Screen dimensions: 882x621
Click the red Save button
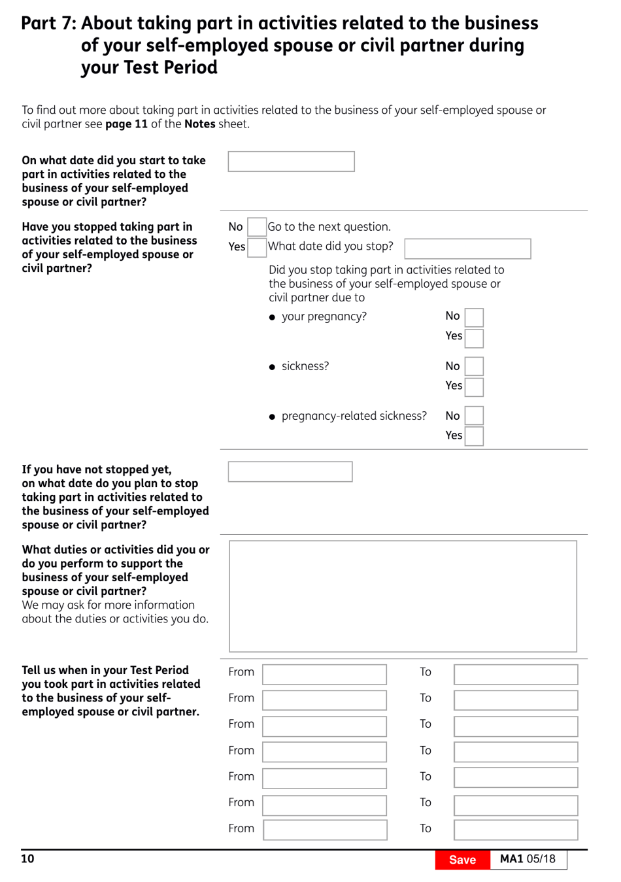(462, 860)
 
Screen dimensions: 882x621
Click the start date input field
(291, 161)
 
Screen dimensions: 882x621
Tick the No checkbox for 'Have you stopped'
(257, 227)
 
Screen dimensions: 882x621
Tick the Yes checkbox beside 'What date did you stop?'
(257, 247)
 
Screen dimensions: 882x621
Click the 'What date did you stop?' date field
(467, 248)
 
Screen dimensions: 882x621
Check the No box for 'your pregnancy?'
(474, 317)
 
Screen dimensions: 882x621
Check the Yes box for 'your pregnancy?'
(474, 338)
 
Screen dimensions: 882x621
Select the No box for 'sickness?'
(474, 366)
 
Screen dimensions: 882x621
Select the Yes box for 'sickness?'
(474, 387)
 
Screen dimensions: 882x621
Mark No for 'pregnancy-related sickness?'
(474, 416)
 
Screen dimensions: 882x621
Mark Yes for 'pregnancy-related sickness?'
(474, 436)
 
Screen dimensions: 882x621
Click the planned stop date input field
(290, 471)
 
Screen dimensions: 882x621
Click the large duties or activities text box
(403, 596)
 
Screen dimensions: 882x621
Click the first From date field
(324, 674)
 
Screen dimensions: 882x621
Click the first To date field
(516, 674)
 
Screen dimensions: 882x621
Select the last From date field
(324, 830)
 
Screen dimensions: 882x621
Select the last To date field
(516, 830)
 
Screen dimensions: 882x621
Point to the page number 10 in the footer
(27, 858)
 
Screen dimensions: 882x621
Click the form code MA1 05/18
(528, 859)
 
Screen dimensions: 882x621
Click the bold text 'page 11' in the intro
(126, 124)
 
